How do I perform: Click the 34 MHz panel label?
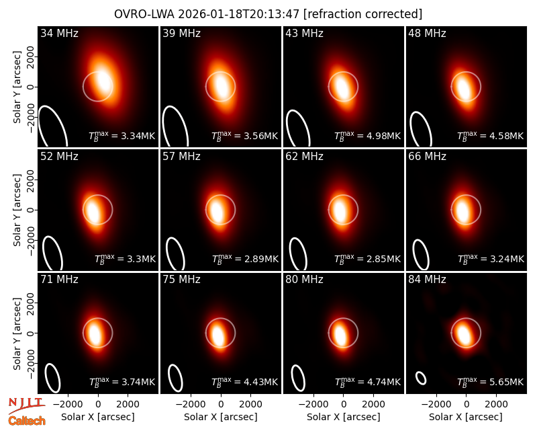[x=59, y=33]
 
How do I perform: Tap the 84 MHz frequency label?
[x=427, y=280]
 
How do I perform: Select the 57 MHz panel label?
[x=181, y=157]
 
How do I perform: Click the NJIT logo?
[x=26, y=405]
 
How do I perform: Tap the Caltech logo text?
[x=27, y=421]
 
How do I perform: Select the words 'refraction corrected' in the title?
[x=363, y=14]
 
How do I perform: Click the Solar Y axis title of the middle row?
[x=17, y=210]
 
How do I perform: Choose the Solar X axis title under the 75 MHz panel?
[x=221, y=417]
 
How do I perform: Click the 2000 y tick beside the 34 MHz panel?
[x=30, y=56]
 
